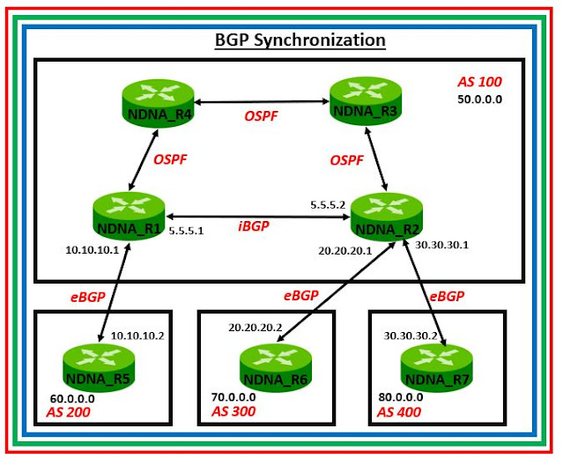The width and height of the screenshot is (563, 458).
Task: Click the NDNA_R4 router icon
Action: coord(158,103)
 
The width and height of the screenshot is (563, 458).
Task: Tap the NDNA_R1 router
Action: coord(129,217)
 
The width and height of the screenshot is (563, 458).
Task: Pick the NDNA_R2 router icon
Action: coord(386,217)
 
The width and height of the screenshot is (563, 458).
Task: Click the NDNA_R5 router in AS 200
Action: coord(99,367)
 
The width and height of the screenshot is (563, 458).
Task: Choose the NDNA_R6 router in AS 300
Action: coord(276,368)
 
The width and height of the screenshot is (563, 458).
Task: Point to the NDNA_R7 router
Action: coord(437,368)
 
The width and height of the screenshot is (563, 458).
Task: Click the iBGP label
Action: coord(254,225)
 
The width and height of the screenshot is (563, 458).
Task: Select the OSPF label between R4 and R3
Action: coord(261,116)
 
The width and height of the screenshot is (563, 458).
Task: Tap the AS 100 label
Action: coord(479,82)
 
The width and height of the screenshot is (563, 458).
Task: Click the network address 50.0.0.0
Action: coord(479,100)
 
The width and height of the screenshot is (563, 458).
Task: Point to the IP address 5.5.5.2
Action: coord(328,205)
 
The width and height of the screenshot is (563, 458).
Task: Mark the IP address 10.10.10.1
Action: coord(93,250)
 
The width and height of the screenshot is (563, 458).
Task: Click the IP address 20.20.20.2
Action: coord(256,328)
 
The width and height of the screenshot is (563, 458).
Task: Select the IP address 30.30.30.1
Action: coord(441,245)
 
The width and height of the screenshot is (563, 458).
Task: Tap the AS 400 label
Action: coord(399,412)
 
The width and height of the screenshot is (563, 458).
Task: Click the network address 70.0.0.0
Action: coord(233,397)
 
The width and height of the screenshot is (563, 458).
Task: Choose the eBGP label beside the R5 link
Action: coord(87,297)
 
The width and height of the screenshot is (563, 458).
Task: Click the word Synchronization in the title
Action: coord(320,41)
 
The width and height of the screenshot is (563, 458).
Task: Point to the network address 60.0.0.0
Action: coord(72,399)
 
